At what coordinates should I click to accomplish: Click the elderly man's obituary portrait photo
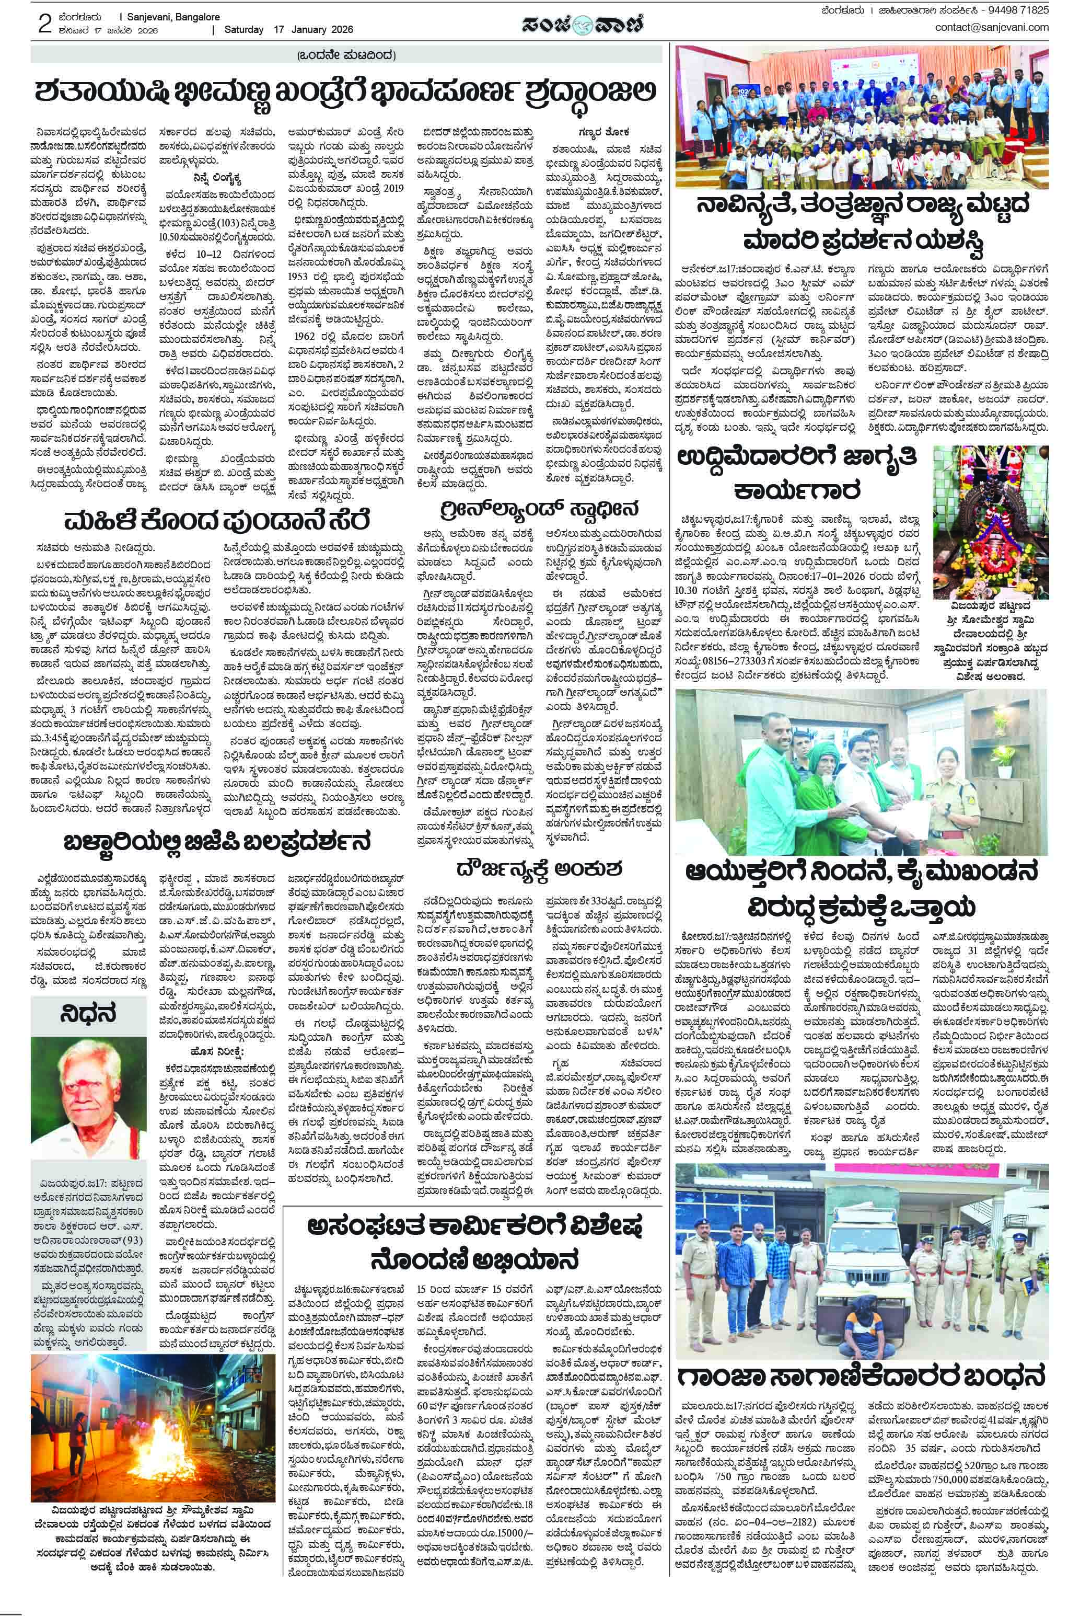coord(88,1095)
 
